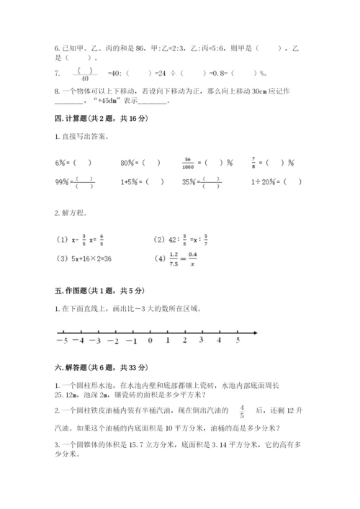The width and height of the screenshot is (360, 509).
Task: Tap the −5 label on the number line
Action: point(63,341)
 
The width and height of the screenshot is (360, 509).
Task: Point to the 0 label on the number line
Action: point(150,341)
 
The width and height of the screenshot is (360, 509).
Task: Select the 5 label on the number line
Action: point(237,340)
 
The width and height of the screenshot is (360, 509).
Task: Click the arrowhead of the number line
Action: point(256,332)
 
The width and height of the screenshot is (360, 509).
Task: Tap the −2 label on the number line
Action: point(113,341)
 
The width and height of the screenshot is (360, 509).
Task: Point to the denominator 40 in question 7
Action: point(85,78)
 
